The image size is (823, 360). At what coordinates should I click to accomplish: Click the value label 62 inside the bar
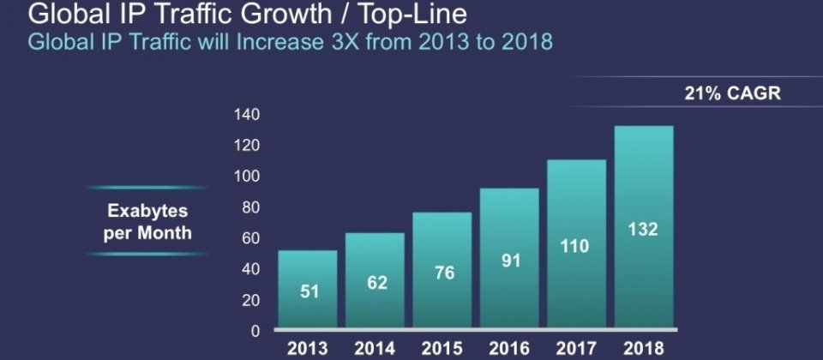coord(377,282)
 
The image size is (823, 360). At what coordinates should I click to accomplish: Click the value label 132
coord(644,230)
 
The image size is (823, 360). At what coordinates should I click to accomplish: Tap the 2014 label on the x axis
coord(375,349)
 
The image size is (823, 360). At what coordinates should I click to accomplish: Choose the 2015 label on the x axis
coord(442,349)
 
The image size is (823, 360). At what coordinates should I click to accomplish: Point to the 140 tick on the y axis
coord(248,115)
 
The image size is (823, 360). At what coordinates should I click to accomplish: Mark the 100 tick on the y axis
coord(248,177)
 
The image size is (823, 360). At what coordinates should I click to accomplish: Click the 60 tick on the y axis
coord(251,238)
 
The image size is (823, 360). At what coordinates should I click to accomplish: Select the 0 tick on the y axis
coord(255,331)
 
